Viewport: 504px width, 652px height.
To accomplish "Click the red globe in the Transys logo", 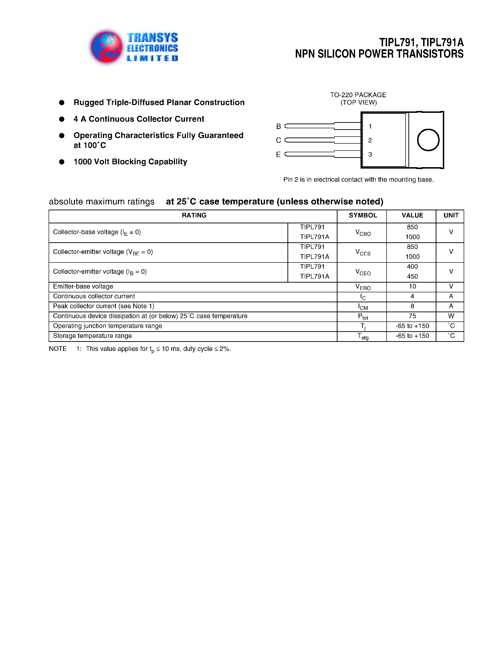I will coord(106,47).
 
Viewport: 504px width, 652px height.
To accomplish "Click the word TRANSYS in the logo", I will coord(152,38).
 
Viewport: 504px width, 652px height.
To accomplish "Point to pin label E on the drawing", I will coord(278,155).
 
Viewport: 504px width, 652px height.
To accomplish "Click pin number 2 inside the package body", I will coord(370,140).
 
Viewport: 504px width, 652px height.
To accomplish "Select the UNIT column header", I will coord(451,215).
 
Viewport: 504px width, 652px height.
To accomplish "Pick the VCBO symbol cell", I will coord(363,233).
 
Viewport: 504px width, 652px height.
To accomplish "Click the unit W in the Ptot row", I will coord(451,316).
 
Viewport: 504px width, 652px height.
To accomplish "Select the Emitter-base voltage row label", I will coord(83,286).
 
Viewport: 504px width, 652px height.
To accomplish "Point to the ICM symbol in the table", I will coord(363,307).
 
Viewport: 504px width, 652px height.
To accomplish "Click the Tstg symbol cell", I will coord(363,336).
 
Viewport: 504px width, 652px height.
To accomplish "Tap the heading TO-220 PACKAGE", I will coord(358,95).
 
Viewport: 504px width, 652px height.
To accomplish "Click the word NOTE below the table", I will coord(58,349).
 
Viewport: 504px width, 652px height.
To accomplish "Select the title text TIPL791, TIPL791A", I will coord(421,43).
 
